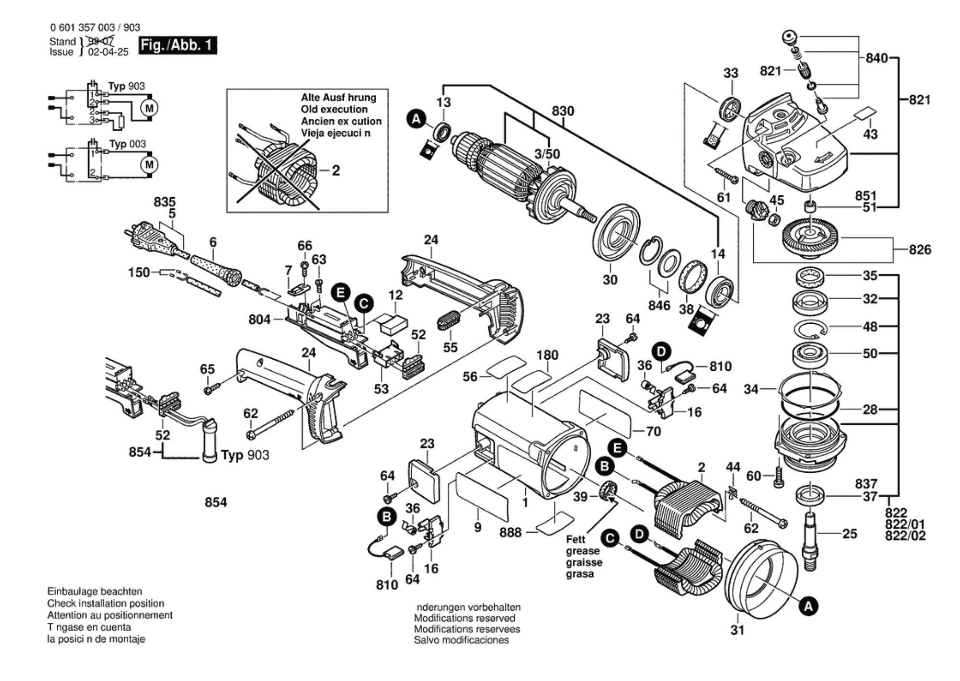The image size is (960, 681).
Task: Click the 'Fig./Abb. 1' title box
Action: click(177, 45)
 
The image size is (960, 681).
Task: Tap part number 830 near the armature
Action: click(562, 111)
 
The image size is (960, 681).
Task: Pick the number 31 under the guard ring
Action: click(737, 630)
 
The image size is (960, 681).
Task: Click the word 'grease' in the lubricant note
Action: click(582, 551)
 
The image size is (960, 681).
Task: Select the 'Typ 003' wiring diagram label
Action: click(127, 144)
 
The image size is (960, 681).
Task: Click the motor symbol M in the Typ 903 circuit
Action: click(149, 108)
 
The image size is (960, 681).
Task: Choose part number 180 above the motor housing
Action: click(547, 355)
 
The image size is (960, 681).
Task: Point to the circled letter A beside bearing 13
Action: click(416, 119)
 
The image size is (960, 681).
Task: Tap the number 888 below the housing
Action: click(510, 532)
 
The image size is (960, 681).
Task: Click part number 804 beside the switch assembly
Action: click(259, 319)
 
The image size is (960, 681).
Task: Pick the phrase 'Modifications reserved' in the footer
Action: click(464, 618)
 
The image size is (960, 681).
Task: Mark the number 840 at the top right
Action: click(876, 58)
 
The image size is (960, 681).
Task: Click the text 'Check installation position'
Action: click(105, 603)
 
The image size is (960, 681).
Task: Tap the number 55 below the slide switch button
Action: click(450, 347)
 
